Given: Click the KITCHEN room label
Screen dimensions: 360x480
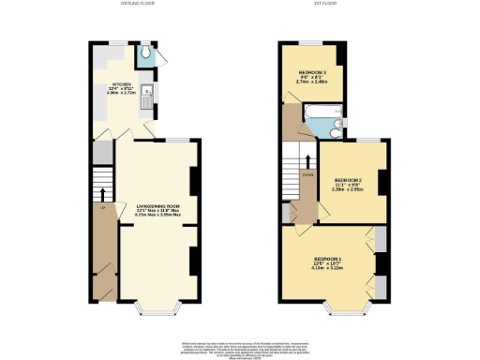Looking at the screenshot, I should [124, 83].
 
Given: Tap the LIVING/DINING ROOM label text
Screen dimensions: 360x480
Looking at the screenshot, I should [157, 203].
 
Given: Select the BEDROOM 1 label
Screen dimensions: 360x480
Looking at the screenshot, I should [328, 257].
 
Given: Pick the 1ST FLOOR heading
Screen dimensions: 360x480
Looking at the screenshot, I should [323, 5].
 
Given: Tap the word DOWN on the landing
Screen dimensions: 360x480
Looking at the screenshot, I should [307, 174].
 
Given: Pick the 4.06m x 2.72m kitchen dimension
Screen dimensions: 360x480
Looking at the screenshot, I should [124, 94].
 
